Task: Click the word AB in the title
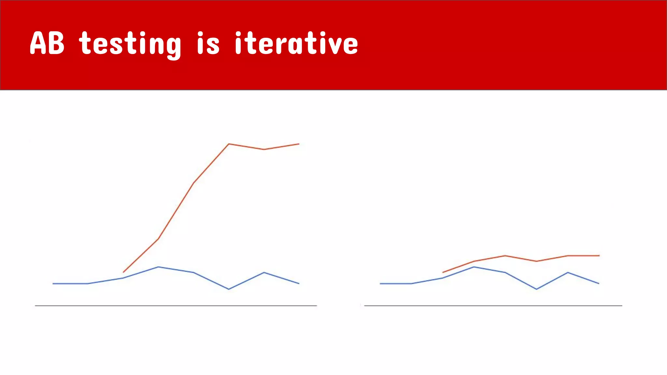(47, 43)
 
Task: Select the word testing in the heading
(130, 44)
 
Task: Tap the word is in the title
(208, 43)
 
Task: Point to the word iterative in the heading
(296, 43)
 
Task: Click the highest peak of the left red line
(229, 144)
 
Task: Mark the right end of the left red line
(299, 144)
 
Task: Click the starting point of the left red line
(123, 272)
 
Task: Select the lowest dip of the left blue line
(229, 289)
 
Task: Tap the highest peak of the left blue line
(158, 267)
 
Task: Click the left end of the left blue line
(53, 284)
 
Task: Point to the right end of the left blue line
(299, 284)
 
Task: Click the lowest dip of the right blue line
(536, 289)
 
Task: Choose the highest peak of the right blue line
(474, 267)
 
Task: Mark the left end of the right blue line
(380, 284)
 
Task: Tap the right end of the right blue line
(599, 284)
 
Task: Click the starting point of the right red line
(443, 272)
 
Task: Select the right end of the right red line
(599, 256)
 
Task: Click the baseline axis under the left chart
(176, 306)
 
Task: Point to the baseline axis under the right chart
(493, 306)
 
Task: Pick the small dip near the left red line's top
(264, 149)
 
